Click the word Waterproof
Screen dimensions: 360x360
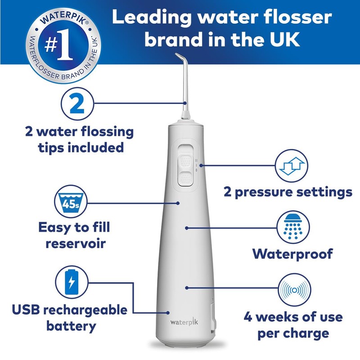(x=292, y=254)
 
